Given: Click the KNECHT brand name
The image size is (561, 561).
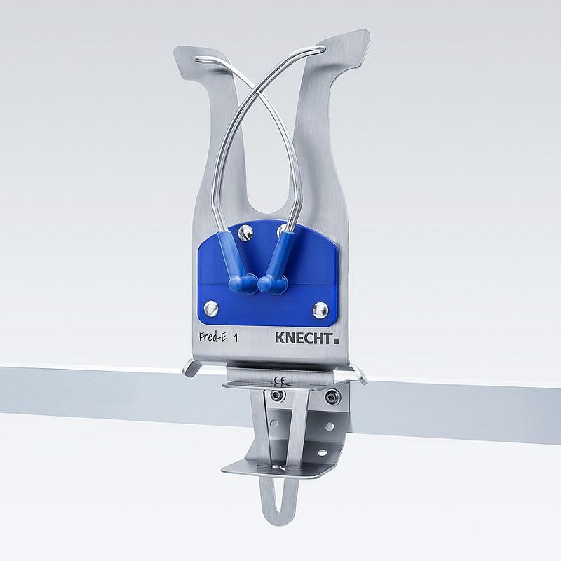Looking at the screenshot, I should coord(304,337).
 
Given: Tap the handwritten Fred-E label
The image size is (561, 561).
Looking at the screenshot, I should coord(212,337).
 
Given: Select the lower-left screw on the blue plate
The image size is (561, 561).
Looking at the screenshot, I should coord(212,307).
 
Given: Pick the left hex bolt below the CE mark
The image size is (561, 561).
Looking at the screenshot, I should coord(278,396).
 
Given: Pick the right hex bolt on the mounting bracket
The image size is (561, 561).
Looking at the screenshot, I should coord(330,398).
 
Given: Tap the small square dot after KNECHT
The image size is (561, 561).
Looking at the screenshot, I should coord(336,340).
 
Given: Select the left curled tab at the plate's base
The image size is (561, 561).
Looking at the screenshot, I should coord(190,367).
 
